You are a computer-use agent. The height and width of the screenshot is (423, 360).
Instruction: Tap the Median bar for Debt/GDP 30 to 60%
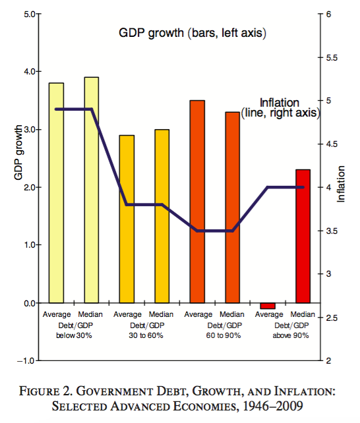click(x=162, y=216)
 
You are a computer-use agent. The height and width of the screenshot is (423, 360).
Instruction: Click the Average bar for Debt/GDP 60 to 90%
click(x=197, y=202)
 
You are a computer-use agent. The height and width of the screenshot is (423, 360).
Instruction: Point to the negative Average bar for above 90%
click(x=268, y=306)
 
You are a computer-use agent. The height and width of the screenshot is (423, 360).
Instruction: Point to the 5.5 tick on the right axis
click(x=332, y=58)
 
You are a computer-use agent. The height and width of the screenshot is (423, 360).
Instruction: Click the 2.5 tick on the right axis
click(x=332, y=318)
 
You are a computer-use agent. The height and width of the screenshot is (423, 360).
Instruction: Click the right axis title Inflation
click(x=341, y=187)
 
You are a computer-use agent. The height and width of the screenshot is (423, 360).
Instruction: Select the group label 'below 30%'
click(x=74, y=335)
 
